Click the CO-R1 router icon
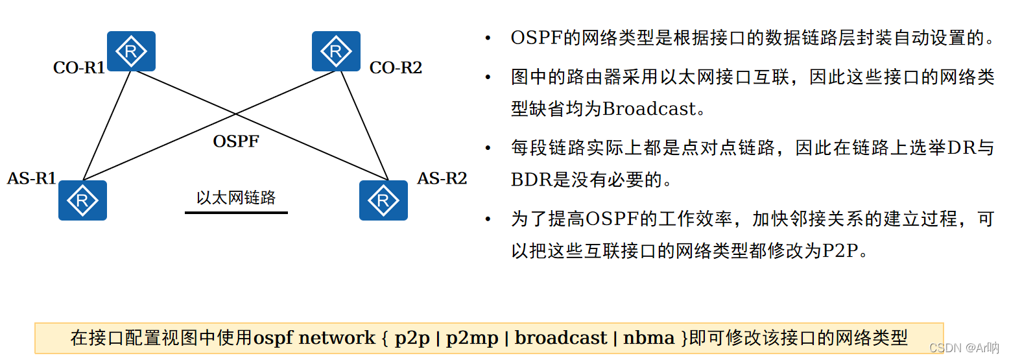tap(131, 51)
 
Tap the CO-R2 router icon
tap(336, 51)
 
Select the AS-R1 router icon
tap(82, 200)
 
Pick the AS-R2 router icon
tap(383, 200)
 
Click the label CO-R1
tap(78, 67)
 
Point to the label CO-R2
tap(396, 67)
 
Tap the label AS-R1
tap(32, 178)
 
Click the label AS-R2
tap(442, 178)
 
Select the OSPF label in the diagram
tap(236, 141)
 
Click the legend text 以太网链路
tap(236, 198)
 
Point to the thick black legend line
tap(236, 212)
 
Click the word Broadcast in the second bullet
tap(648, 108)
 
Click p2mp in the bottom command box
tap(473, 338)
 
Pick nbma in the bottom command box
tap(648, 338)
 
